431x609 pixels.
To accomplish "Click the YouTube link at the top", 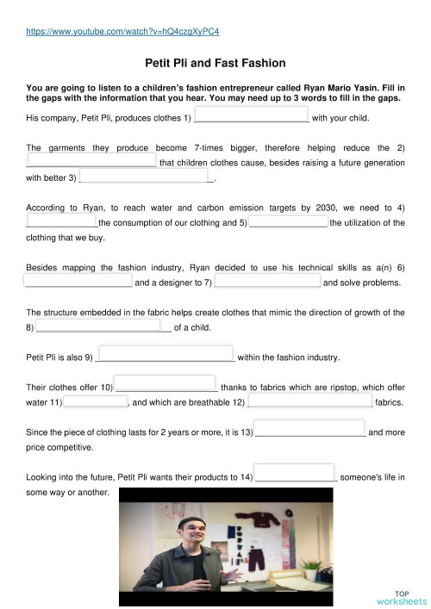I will point(123,31).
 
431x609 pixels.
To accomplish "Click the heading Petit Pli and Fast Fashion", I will point(215,63).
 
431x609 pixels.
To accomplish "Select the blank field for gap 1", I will point(253,116).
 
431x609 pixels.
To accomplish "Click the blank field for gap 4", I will point(61,222).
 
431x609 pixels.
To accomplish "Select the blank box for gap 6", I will point(78,282).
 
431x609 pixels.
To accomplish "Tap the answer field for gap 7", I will point(268,282).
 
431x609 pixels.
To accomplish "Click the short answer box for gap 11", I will point(96,401).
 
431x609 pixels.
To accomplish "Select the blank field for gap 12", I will point(310,401).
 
